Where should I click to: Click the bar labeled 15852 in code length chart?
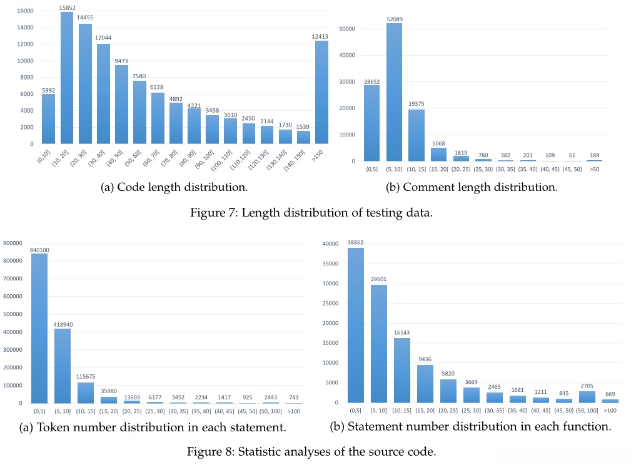(67, 78)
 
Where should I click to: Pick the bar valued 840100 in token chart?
(39, 329)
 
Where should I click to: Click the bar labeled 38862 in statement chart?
(356, 325)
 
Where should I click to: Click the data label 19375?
(416, 105)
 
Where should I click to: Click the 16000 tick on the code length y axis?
(25, 11)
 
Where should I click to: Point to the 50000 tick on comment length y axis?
(347, 29)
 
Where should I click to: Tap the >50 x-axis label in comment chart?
(595, 169)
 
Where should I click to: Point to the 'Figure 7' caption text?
(311, 213)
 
